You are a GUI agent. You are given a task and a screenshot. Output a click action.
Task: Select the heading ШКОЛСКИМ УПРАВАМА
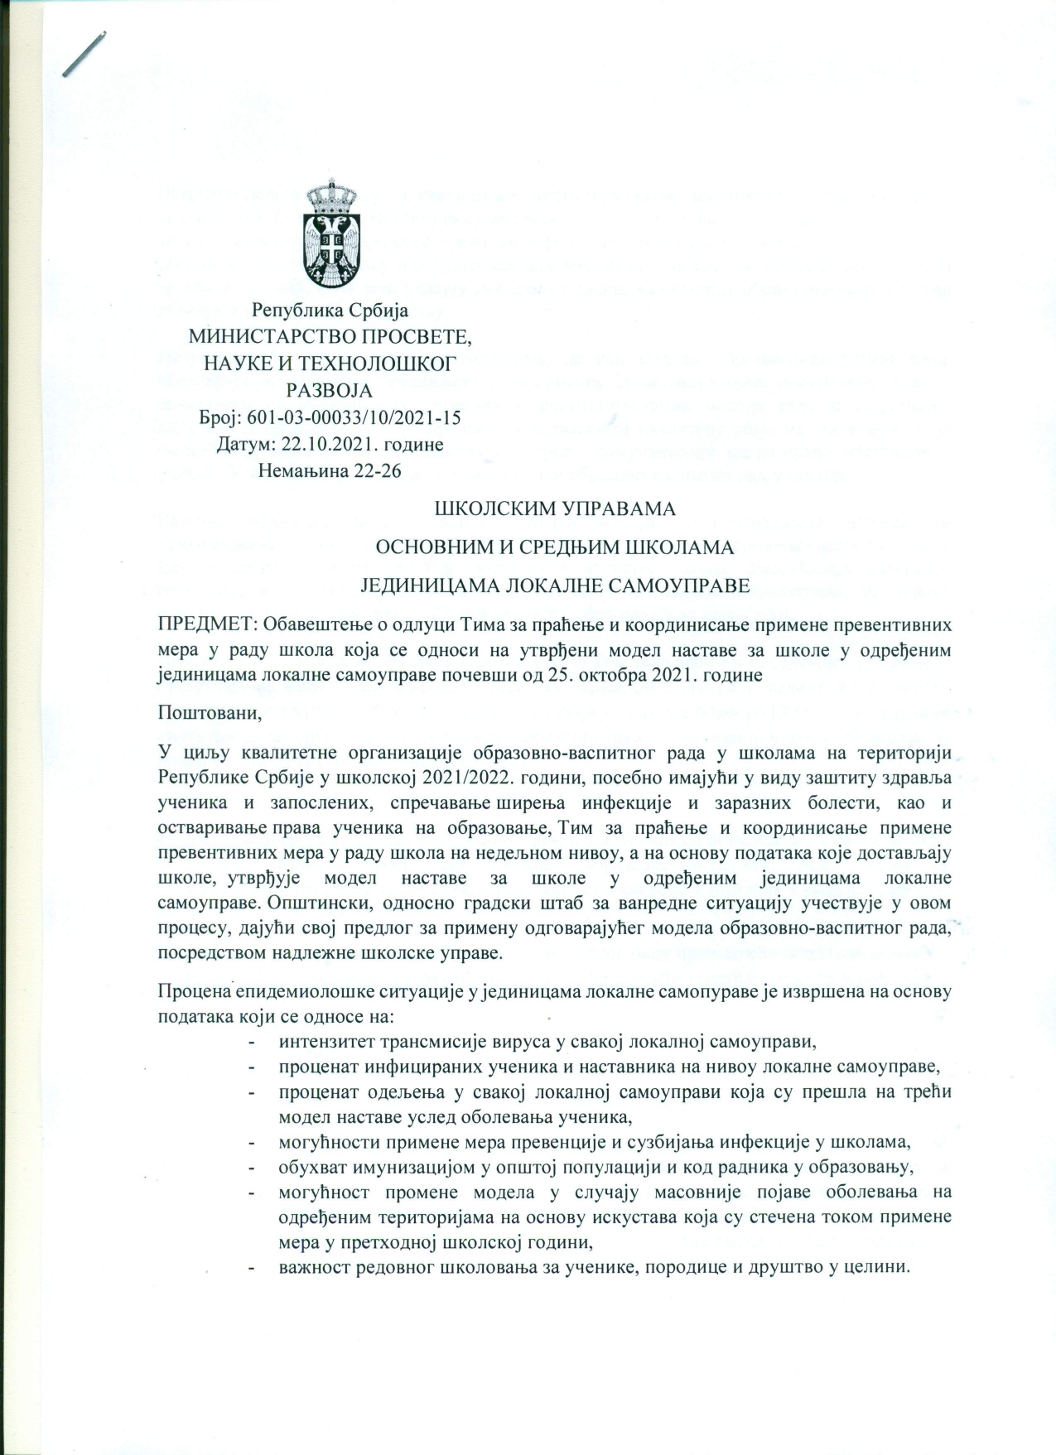coord(555,508)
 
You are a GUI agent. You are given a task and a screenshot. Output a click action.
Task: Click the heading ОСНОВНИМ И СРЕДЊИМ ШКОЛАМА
coord(555,547)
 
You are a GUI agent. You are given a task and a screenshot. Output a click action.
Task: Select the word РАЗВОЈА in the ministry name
coord(330,391)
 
